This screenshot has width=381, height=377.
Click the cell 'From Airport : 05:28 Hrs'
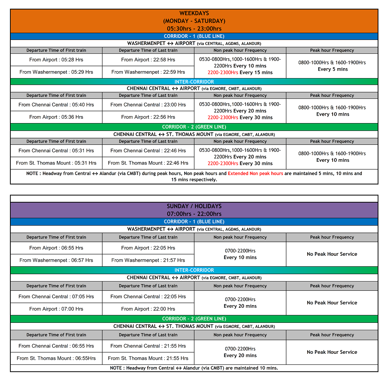56,60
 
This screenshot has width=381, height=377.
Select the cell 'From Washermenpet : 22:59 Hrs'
148,72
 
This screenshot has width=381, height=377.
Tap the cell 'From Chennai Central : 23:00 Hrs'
148,105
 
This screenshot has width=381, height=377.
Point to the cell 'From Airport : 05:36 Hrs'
56,117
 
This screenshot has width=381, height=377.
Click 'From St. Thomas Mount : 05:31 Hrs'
56,163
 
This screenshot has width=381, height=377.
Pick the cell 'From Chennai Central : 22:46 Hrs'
148,150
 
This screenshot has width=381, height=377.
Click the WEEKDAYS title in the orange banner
194,13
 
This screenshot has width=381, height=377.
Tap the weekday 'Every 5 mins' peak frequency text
332,69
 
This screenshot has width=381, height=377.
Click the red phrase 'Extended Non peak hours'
255,173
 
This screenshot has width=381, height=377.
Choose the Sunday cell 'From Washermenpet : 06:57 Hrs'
56,260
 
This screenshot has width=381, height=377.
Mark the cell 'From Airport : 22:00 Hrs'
148,309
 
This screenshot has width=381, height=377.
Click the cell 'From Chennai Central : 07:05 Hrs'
56,296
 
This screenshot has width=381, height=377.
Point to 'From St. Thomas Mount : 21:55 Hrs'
148,358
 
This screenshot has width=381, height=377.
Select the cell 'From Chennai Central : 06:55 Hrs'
56,346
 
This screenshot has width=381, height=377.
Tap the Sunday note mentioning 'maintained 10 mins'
194,368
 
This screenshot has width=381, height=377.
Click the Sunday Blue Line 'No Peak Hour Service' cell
332,254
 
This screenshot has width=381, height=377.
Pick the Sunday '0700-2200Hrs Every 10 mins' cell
240,254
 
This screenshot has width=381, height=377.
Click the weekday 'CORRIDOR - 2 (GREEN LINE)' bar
194,127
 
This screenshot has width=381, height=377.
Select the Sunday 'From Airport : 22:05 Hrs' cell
148,248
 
